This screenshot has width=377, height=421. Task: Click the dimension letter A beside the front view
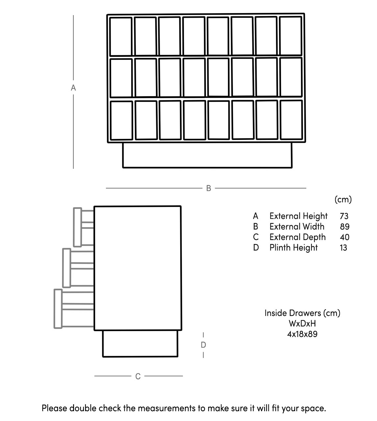coord(73,88)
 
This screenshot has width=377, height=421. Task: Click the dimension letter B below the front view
coord(208,188)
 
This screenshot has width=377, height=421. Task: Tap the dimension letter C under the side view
coord(138,376)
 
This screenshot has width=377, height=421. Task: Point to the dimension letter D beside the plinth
coord(203,345)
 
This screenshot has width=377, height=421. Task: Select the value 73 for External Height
coord(344,216)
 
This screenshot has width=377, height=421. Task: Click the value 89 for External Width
coord(344,227)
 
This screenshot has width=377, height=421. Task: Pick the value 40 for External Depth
coord(344,237)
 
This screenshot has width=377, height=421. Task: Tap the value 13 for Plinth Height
coord(343,248)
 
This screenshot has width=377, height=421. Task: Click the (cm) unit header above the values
coord(343,199)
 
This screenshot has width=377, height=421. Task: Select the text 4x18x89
coord(302,334)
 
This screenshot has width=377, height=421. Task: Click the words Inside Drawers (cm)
coord(302,313)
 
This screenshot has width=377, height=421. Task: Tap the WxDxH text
coord(302,323)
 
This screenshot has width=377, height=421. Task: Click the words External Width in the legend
coord(297,227)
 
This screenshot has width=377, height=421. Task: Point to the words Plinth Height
coord(293,248)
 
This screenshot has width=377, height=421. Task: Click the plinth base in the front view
coord(207,155)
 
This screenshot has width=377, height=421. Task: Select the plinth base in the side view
coord(140,343)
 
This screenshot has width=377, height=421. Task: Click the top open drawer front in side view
coord(78,227)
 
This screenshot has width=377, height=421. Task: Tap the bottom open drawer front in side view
coord(58,309)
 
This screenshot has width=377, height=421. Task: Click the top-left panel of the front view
coord(121,36)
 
